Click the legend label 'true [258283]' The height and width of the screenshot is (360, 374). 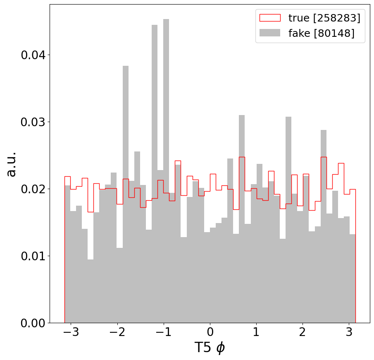point(324,18)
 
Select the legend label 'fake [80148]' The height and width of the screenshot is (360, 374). point(321,33)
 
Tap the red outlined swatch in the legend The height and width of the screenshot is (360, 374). point(270,18)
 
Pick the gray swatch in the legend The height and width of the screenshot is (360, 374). point(270,33)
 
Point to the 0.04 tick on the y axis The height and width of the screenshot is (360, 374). point(33,55)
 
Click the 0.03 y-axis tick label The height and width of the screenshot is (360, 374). point(33,122)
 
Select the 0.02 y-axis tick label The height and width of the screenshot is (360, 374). point(33,189)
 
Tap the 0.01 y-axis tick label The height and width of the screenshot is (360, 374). point(33,256)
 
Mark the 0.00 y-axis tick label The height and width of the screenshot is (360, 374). point(33,323)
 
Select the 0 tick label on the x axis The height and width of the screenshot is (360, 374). point(210,332)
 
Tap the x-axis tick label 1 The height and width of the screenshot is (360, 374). point(256,332)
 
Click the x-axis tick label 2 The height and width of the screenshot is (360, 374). point(303,332)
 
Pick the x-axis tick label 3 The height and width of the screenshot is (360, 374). point(349,332)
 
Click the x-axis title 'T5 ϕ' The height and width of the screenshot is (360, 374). point(210,348)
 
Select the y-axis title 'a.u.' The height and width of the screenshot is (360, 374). point(11,164)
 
